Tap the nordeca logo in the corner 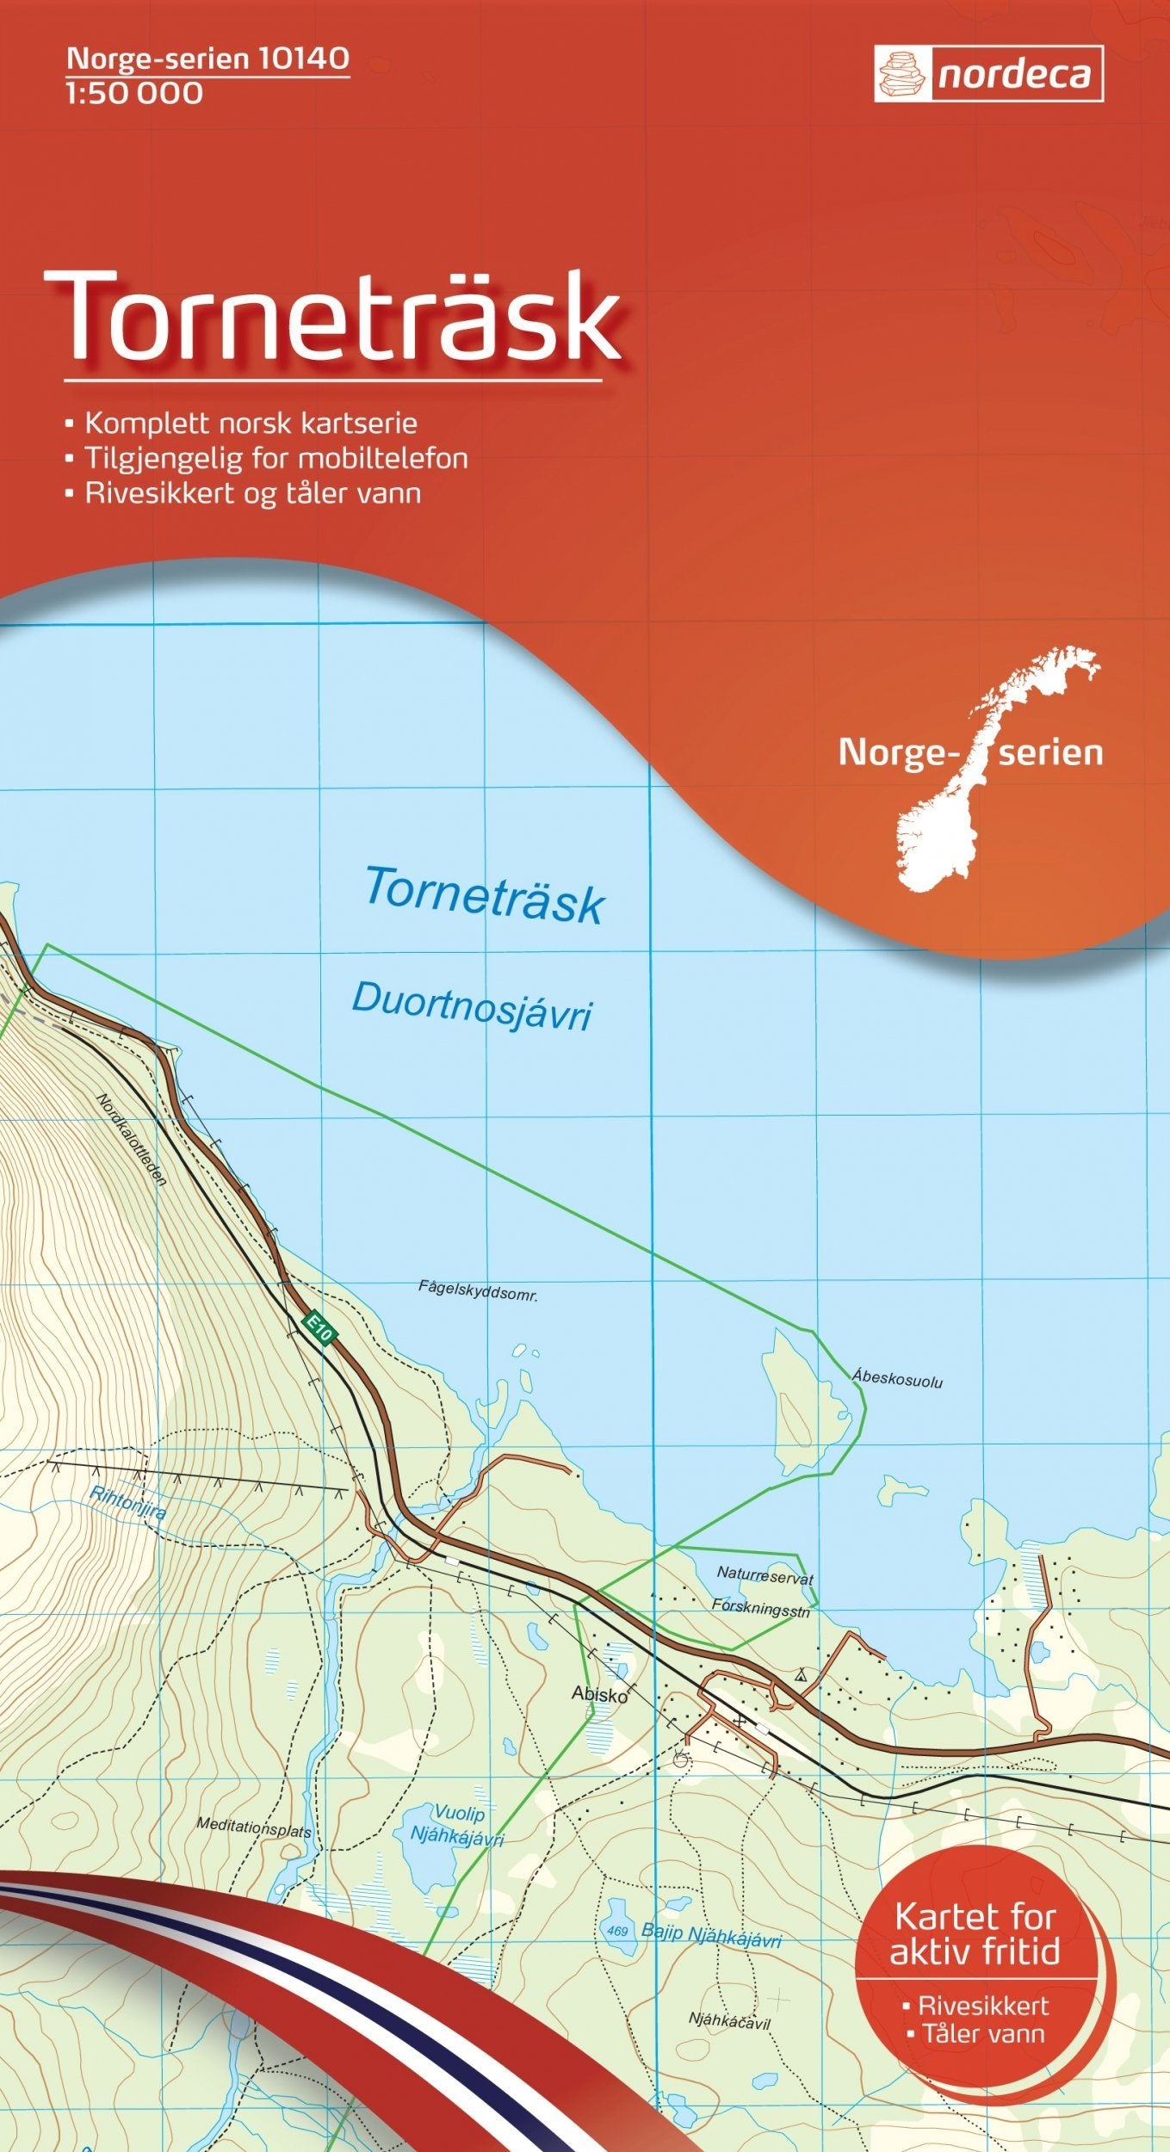point(988,74)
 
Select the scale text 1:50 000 point(134,93)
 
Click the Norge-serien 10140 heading point(207,59)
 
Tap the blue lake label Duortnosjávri point(472,1006)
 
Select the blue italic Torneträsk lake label point(485,896)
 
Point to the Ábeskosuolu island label point(898,1377)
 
